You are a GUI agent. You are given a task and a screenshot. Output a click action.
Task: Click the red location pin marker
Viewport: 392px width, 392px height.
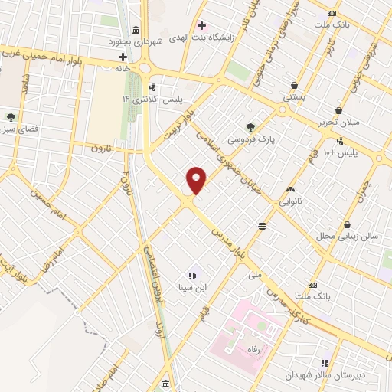click(197, 180)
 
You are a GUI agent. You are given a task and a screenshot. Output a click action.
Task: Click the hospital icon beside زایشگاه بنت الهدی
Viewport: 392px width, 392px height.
click(202, 25)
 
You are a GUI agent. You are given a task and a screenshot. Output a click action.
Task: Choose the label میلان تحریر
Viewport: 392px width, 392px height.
click(360, 122)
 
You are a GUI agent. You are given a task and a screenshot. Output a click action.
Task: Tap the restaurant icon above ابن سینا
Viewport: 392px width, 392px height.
click(191, 276)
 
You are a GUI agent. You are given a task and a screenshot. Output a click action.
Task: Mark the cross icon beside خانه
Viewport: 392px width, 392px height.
click(122, 57)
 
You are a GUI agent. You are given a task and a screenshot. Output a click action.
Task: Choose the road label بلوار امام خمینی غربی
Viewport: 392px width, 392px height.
click(46, 55)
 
